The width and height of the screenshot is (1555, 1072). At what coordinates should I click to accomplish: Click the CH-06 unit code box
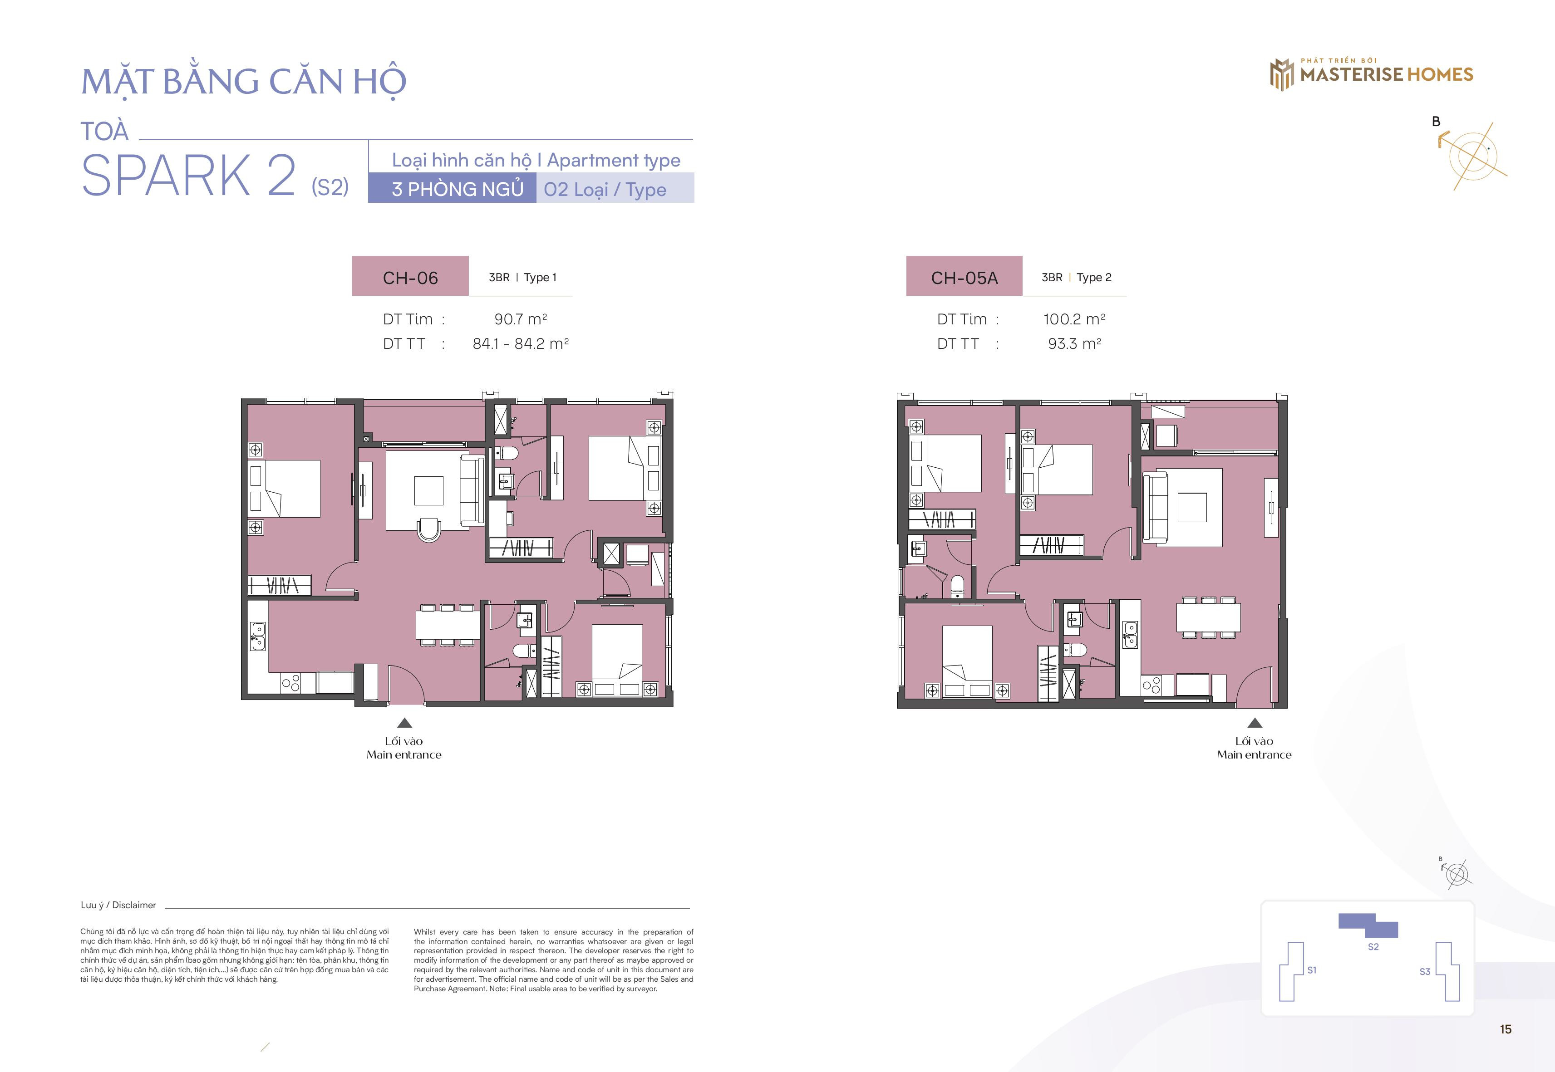point(410,276)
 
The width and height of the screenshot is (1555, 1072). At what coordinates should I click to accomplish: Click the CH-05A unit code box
point(964,276)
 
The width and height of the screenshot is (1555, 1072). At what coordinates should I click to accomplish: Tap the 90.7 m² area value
point(521,319)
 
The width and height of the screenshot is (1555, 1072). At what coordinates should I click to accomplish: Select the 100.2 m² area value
point(1074,319)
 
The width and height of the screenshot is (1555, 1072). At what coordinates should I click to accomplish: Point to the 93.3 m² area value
point(1074,344)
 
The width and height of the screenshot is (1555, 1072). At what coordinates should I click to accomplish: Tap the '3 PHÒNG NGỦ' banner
point(452,188)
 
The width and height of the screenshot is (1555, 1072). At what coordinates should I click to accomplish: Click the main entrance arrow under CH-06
point(404,723)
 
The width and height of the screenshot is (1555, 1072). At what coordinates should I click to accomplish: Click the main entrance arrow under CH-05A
point(1255,723)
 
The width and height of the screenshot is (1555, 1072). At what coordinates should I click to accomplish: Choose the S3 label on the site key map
point(1425,971)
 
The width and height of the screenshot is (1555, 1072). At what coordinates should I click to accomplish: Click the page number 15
point(1505,1029)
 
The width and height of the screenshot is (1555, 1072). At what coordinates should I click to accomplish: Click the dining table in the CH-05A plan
point(1208,617)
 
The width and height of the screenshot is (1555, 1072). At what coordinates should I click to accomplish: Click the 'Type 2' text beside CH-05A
point(1094,277)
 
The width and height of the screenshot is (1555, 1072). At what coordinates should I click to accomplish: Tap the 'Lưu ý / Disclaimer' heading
point(118,905)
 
